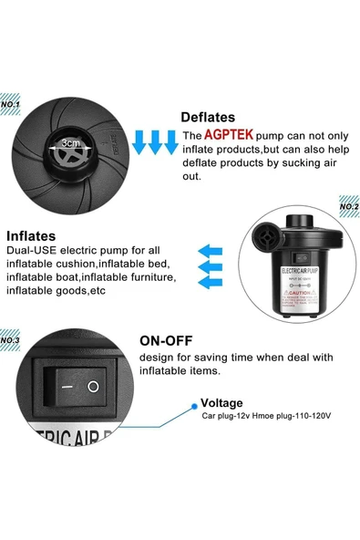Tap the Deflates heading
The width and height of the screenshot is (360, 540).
(x=208, y=117)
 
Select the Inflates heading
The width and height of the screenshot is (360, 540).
(x=37, y=235)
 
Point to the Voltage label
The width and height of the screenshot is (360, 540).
(x=221, y=401)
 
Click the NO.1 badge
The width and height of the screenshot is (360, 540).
(x=10, y=104)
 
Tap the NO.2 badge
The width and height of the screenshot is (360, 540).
(x=349, y=207)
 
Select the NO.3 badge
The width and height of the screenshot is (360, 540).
(x=10, y=340)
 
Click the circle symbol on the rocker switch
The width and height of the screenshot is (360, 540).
(x=92, y=387)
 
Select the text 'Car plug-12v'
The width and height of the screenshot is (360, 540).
(x=225, y=415)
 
